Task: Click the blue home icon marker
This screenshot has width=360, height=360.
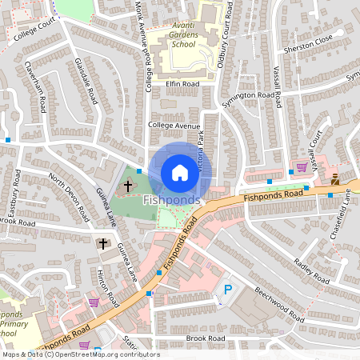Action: point(180,173)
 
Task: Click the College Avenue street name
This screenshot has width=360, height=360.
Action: point(174,126)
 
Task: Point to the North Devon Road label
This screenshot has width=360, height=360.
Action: point(67,196)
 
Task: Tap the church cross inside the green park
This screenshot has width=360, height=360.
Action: point(127,186)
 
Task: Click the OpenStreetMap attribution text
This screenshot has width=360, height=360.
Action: point(80,354)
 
